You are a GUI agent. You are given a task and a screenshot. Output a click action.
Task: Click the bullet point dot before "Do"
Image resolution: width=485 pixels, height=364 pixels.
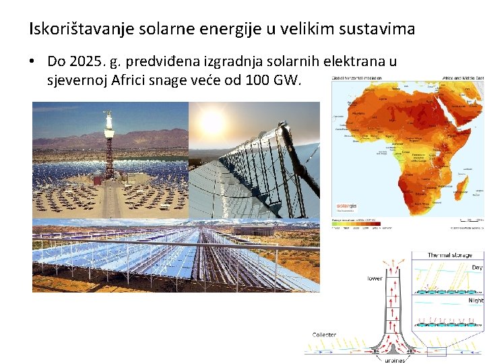[x=33, y=61]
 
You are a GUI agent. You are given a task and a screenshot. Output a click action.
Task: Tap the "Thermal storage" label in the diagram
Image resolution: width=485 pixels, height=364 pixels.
[x=450, y=255]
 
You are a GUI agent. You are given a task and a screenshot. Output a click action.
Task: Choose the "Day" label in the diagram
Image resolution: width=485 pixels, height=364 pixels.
[x=477, y=268]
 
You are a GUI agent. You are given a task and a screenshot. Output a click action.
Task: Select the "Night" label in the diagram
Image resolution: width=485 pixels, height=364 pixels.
[x=476, y=300]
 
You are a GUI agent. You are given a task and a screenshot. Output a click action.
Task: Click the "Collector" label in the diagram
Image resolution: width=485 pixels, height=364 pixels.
[x=324, y=335]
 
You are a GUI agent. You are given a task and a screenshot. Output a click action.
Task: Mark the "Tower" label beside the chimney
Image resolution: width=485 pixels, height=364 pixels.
[x=375, y=278]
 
